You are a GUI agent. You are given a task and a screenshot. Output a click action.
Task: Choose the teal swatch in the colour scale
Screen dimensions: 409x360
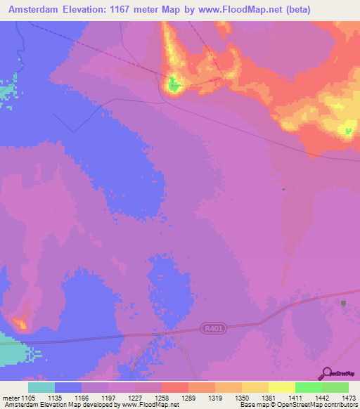point(41,387)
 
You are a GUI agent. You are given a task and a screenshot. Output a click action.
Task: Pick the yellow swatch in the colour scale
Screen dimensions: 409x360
point(282,387)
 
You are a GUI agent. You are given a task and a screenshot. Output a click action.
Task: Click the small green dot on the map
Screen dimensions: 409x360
point(283,189)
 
